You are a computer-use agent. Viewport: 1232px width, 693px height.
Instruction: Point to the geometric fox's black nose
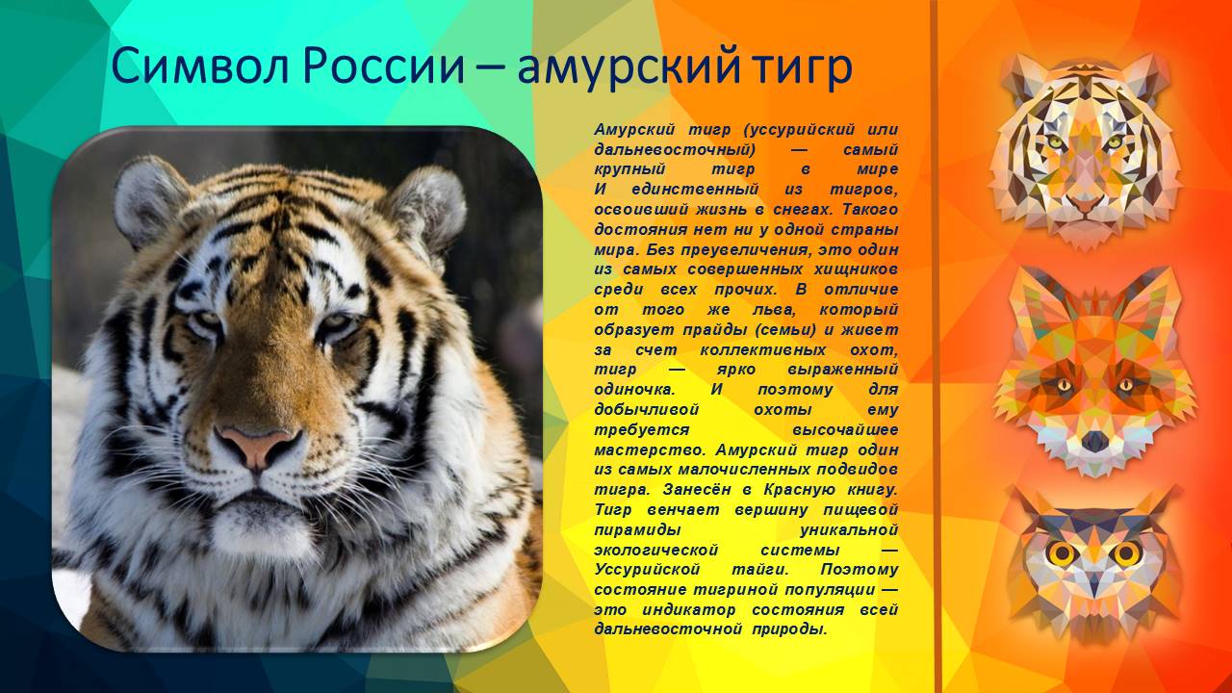point(1094,441)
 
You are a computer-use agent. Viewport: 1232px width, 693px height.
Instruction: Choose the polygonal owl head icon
point(1092,563)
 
